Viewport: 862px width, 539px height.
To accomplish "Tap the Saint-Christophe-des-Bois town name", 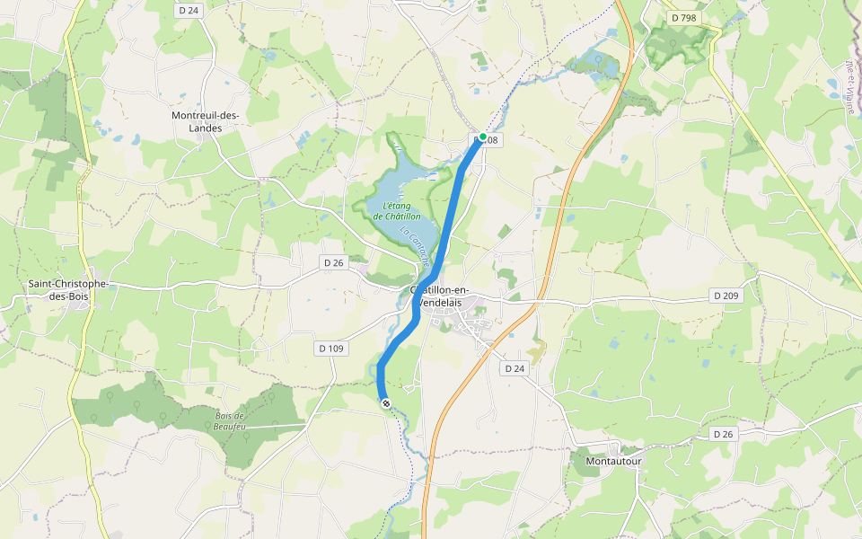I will click(68, 290).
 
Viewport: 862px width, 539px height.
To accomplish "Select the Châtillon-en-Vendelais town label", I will click(455, 296).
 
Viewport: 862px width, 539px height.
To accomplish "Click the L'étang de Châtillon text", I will click(395, 211).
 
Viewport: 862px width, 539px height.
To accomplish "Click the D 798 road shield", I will click(683, 18).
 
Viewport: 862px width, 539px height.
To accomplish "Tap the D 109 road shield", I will click(331, 348).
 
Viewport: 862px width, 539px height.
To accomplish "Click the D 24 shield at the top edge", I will click(189, 11).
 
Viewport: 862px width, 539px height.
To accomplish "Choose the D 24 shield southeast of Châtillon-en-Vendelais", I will click(514, 368).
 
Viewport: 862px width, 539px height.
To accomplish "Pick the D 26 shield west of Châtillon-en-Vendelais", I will click(332, 262).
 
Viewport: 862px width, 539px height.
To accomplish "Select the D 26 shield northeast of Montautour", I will click(723, 434).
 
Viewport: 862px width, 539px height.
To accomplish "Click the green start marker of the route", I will click(483, 137).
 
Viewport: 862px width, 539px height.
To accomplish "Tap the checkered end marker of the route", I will click(386, 403).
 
